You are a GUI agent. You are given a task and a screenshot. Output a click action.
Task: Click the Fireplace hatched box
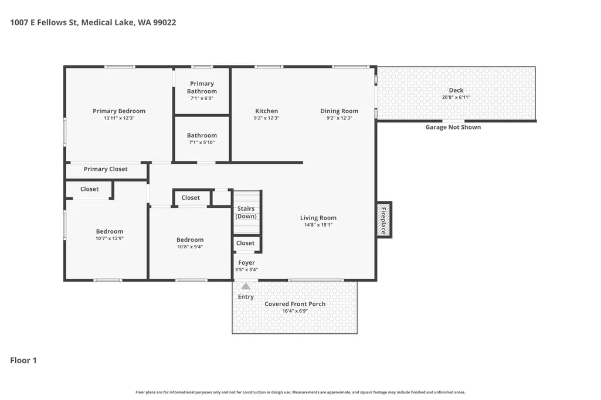(x=383, y=220)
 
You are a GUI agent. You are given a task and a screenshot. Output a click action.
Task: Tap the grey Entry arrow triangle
(x=246, y=286)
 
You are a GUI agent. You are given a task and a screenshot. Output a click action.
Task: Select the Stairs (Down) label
(x=246, y=213)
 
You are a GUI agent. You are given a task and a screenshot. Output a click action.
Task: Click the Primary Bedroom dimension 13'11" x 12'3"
(x=119, y=118)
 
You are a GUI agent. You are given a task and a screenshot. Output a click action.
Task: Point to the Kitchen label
(x=266, y=111)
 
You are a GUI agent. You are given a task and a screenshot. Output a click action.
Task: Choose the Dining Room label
(x=339, y=111)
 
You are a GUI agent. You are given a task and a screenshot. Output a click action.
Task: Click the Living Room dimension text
(x=318, y=225)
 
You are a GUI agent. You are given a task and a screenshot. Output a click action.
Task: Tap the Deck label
(x=456, y=90)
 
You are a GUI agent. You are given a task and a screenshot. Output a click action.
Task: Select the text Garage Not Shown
(x=453, y=127)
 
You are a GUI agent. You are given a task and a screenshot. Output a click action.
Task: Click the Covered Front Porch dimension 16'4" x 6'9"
(x=295, y=311)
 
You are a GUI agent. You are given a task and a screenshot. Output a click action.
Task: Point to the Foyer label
(x=246, y=262)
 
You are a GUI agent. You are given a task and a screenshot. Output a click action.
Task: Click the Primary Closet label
(x=106, y=169)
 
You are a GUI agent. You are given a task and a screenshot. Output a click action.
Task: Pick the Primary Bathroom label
(x=202, y=87)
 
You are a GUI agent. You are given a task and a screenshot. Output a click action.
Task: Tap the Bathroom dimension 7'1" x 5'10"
(x=202, y=142)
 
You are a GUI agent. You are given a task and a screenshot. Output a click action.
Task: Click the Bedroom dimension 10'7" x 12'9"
(x=110, y=238)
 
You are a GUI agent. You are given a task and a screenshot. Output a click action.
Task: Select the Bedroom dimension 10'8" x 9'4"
(x=190, y=247)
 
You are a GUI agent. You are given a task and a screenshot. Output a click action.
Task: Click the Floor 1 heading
(x=23, y=360)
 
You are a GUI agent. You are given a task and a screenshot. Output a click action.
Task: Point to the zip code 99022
(x=165, y=23)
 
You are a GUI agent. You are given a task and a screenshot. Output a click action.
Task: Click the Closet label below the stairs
(x=245, y=243)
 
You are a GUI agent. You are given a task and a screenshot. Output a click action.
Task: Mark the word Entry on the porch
(x=246, y=297)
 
